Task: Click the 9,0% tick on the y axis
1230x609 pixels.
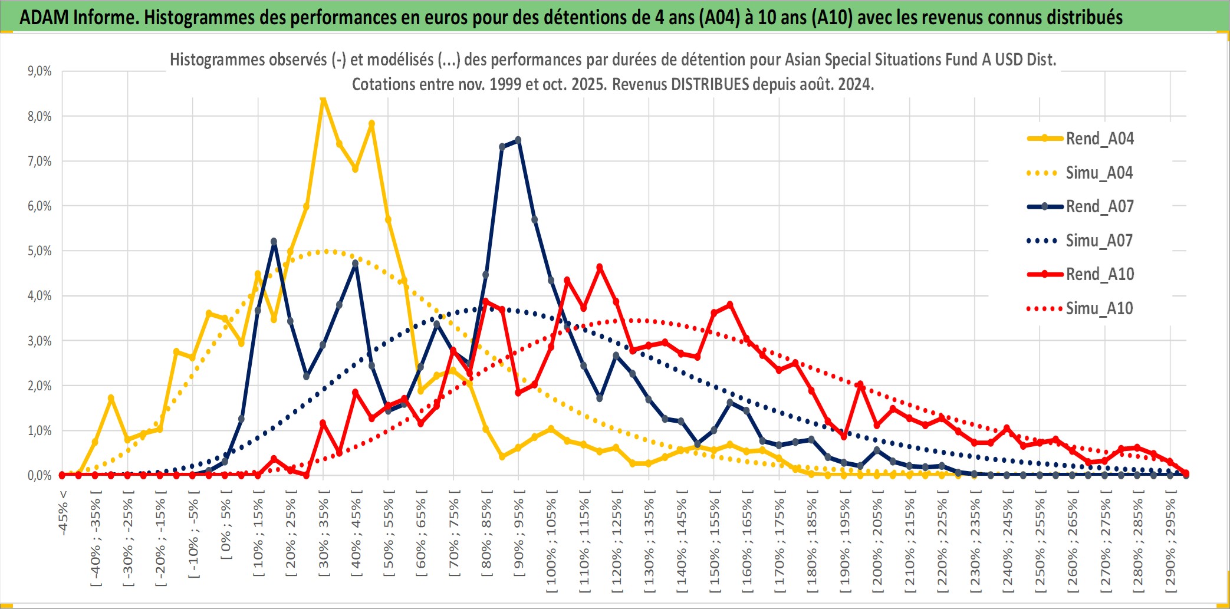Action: click(x=40, y=71)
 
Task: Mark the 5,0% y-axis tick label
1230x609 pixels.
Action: click(x=40, y=251)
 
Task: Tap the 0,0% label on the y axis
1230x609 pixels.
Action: click(x=40, y=476)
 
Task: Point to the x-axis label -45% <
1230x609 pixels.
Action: click(x=63, y=513)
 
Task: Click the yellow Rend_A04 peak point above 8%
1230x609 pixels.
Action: click(x=323, y=99)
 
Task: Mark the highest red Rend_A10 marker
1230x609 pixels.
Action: click(x=600, y=267)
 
